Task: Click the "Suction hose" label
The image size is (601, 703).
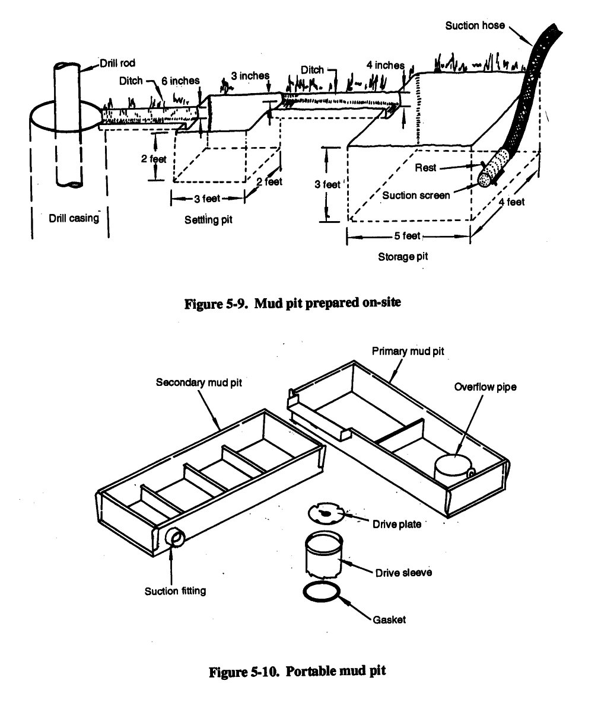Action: coord(475,25)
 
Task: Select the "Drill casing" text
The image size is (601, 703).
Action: coord(74,218)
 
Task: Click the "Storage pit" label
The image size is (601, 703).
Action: coord(403,257)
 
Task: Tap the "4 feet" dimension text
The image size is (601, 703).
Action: coord(511,202)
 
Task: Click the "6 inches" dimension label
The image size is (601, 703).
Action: coord(180,81)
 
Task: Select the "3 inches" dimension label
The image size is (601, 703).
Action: coord(250,76)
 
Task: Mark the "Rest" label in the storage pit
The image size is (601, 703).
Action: coord(425,168)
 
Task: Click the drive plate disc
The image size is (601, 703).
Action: coord(327,514)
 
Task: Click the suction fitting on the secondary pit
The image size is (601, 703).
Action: coord(175,538)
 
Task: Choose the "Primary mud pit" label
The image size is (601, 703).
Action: coord(408,351)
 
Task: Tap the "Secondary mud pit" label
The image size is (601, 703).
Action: coord(199,382)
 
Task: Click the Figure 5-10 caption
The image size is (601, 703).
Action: coord(298,671)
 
